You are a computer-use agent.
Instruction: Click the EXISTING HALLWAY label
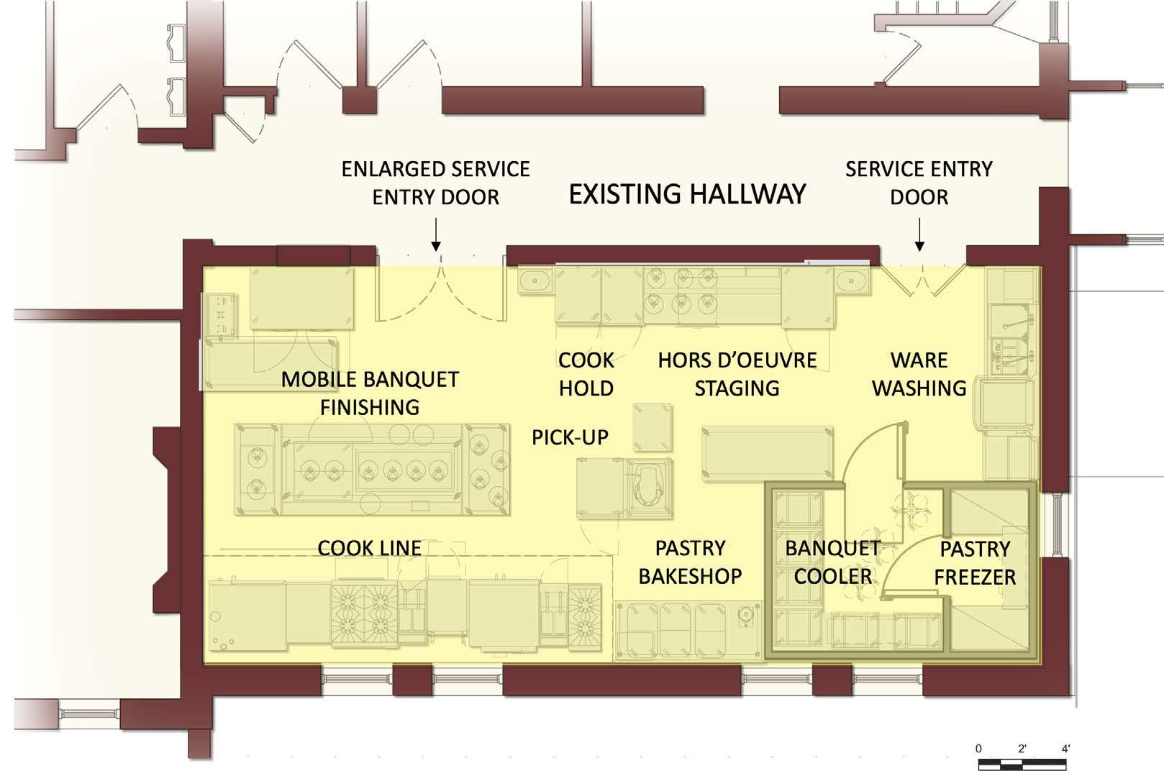(x=687, y=194)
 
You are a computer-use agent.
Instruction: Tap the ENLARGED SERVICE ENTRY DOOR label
(x=435, y=183)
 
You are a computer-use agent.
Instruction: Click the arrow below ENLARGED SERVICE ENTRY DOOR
(x=435, y=237)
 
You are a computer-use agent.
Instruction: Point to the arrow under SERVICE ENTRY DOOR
(x=919, y=237)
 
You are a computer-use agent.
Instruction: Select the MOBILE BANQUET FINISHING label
(x=370, y=393)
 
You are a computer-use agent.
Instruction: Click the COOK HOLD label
(x=586, y=374)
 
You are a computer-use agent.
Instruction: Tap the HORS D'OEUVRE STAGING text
(x=737, y=374)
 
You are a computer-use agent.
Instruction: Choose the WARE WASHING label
(x=919, y=374)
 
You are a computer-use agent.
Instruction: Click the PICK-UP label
(x=570, y=437)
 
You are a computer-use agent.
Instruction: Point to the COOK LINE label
(x=369, y=548)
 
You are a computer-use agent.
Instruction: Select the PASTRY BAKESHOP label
(x=690, y=562)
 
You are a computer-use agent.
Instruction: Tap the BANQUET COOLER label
(x=832, y=562)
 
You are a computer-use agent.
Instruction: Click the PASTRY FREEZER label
(x=975, y=562)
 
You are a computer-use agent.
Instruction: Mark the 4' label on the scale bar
(x=1065, y=749)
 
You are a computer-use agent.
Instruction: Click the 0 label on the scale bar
(x=978, y=749)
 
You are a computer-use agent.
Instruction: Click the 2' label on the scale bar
(x=1022, y=749)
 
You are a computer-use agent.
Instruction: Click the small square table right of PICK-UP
(x=652, y=427)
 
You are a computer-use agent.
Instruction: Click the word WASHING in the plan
(x=919, y=388)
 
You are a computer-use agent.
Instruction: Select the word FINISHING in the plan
(x=370, y=407)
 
